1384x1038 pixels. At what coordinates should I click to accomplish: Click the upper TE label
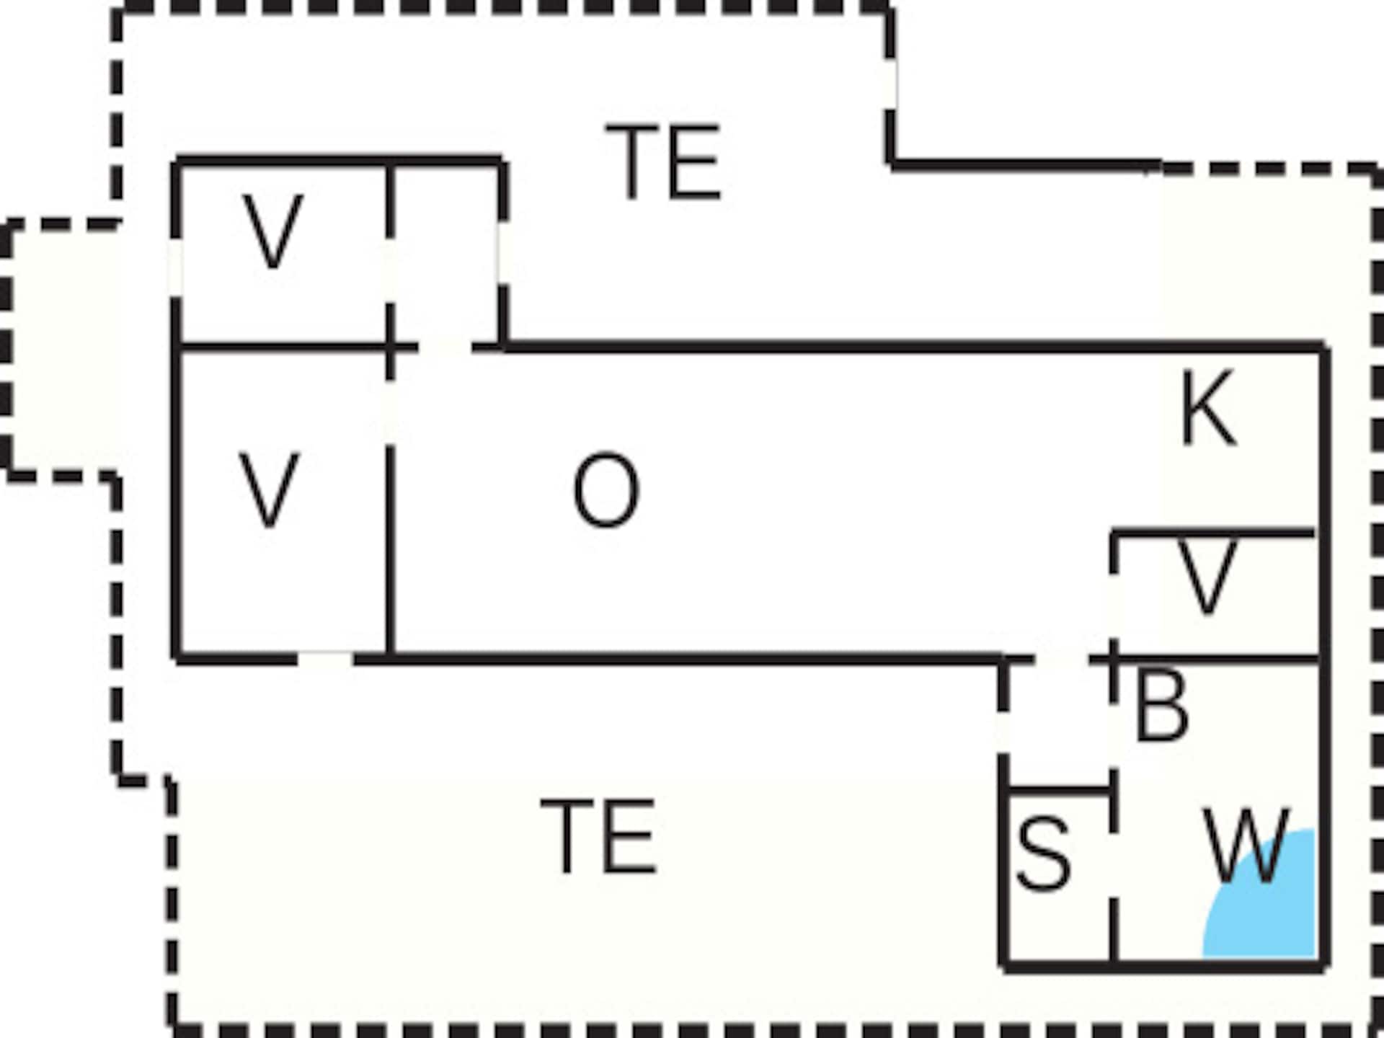662,161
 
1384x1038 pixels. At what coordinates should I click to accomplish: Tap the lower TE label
598,836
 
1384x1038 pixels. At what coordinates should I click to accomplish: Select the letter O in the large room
605,490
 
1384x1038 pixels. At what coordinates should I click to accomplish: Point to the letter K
1209,408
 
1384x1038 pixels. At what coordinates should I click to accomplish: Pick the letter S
1042,853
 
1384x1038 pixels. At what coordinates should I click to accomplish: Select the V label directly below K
1207,577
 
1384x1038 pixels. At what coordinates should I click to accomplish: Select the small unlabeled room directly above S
1057,724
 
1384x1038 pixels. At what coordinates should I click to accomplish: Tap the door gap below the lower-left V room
325,658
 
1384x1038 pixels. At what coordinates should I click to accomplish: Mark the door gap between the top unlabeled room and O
445,347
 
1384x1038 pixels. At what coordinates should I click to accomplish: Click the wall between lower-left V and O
390,551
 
